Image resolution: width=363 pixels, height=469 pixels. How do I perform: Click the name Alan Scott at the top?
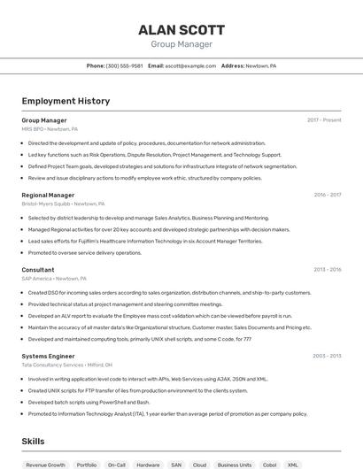tap(181, 29)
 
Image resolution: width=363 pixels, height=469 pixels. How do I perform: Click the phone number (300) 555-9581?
tap(124, 65)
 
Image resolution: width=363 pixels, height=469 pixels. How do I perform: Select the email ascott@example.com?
tap(190, 65)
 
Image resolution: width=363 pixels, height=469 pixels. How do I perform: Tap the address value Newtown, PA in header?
tap(261, 65)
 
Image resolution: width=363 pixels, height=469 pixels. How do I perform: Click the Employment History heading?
tap(66, 101)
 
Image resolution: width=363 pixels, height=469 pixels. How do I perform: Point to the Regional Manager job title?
tap(48, 195)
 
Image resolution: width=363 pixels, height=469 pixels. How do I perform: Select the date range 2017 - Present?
tap(324, 120)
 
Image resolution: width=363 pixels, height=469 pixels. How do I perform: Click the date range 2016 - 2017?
tap(327, 195)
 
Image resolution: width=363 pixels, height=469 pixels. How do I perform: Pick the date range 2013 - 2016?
tap(327, 270)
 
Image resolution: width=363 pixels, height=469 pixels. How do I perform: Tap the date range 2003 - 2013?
tap(327, 356)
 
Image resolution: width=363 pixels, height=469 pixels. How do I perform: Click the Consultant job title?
tap(38, 270)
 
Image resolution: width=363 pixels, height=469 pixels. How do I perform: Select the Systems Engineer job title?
tap(49, 356)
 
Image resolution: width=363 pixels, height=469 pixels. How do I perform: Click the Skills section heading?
tap(33, 441)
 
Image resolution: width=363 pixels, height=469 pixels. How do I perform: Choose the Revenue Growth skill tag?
tap(45, 464)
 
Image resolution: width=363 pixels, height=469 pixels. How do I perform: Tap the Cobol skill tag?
tap(269, 464)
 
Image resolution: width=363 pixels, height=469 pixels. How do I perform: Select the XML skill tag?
tap(293, 464)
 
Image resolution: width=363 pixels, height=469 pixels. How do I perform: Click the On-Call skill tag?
tap(116, 464)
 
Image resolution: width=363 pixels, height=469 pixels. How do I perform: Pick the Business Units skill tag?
tap(235, 464)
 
